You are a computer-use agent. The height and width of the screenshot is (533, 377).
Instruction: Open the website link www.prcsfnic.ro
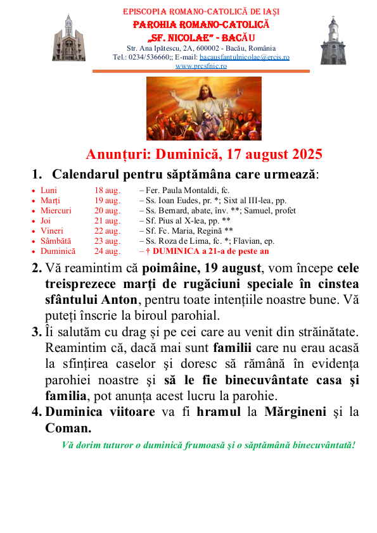pyautogui.click(x=201, y=66)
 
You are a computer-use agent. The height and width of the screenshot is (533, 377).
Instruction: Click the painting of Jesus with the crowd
pyautogui.click(x=204, y=108)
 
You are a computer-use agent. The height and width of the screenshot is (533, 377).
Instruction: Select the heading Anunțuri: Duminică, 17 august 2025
pyautogui.click(x=204, y=154)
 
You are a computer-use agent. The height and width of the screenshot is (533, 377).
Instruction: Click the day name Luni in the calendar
pyautogui.click(x=48, y=191)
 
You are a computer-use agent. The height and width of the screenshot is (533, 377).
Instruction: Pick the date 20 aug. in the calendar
pyautogui.click(x=107, y=211)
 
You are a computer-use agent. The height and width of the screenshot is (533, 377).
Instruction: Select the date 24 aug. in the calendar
pyautogui.click(x=107, y=251)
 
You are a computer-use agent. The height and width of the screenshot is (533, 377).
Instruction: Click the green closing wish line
pyautogui.click(x=208, y=444)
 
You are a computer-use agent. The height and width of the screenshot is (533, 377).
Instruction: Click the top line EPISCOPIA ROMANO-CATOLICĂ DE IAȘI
pyautogui.click(x=201, y=11)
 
